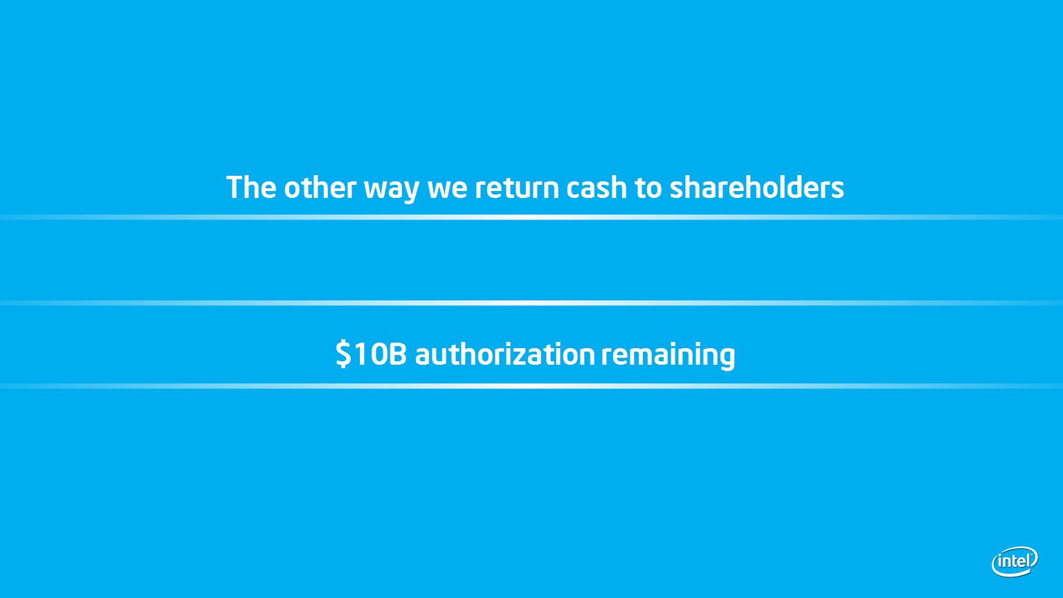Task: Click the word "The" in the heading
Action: pos(251,187)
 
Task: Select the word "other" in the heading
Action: pos(320,187)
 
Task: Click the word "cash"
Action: pos(597,187)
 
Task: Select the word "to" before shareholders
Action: pos(648,188)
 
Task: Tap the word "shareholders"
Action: pos(757,187)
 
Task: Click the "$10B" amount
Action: pos(371,354)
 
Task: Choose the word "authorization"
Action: pos(505,354)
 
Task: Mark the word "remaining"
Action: pos(668,356)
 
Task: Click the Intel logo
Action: pos(1015,561)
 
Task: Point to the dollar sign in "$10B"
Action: pos(343,354)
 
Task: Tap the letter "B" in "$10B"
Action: pos(398,354)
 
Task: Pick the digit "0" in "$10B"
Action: pos(378,354)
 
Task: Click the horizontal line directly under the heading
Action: pos(531,217)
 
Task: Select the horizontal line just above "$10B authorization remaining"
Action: pos(531,302)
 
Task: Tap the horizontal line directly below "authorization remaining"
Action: pos(531,386)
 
